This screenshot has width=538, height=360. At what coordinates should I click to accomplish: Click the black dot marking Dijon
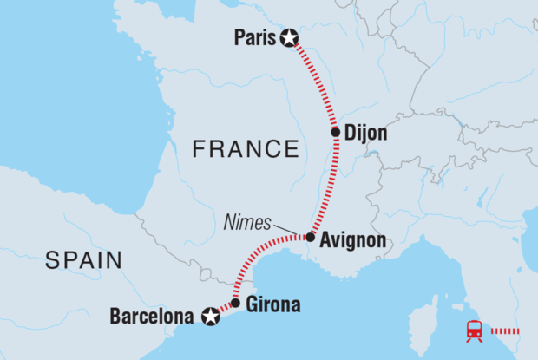(336, 133)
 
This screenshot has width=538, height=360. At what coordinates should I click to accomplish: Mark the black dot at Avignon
(310, 236)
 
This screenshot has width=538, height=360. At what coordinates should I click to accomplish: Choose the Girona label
(273, 304)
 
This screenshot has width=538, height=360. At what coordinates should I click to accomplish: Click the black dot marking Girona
(235, 304)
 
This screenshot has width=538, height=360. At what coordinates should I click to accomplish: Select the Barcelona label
(151, 317)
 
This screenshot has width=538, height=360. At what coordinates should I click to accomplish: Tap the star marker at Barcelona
(209, 317)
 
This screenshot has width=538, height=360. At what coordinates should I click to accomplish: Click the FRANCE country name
(245, 149)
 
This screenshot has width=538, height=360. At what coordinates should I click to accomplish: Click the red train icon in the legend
(475, 331)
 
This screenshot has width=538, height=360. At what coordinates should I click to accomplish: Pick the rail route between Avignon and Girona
(260, 265)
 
